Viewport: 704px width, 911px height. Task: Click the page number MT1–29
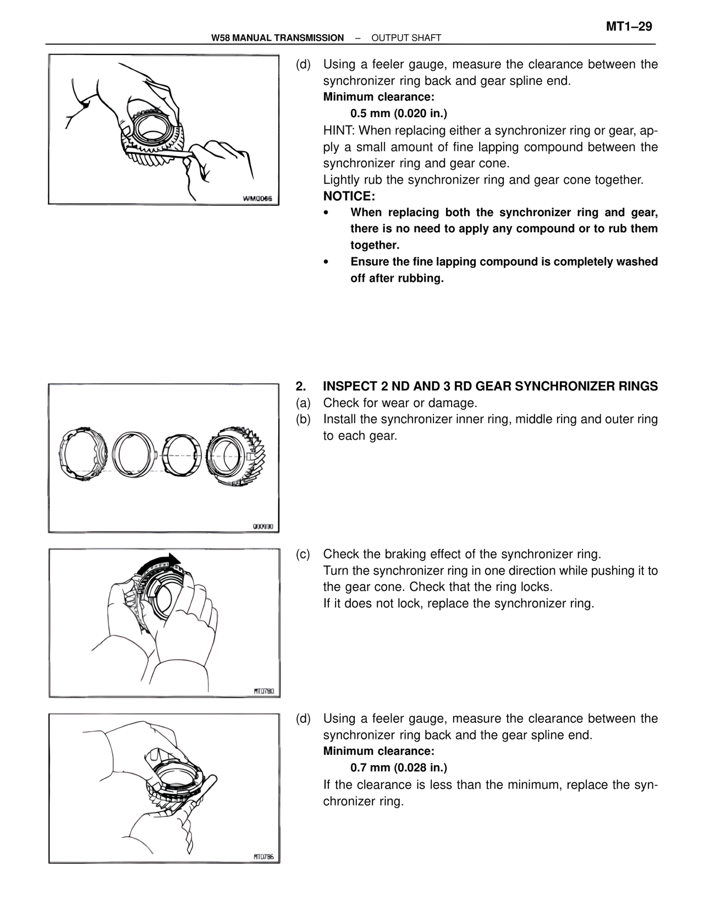(629, 27)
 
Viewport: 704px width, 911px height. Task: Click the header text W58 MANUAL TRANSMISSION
(277, 38)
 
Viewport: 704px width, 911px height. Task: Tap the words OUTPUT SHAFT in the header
(406, 38)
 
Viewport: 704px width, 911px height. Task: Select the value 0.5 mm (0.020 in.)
(399, 113)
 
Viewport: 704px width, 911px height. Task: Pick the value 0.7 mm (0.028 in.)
(399, 767)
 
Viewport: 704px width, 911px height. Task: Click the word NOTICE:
(349, 196)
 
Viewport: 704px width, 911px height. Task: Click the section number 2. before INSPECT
(300, 386)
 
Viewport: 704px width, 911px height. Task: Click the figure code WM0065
(258, 198)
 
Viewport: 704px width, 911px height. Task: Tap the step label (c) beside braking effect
(303, 554)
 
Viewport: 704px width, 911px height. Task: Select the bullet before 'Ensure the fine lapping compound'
(326, 262)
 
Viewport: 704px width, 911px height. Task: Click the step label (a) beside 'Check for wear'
(303, 403)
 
